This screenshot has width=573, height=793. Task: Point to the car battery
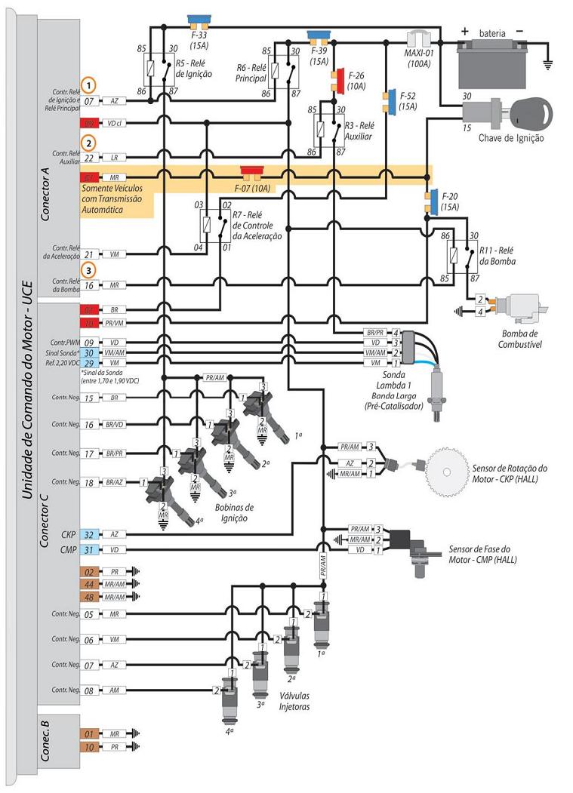[x=491, y=58]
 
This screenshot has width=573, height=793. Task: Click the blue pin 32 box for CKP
[x=88, y=533]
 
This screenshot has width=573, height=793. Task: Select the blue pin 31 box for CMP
[x=88, y=550]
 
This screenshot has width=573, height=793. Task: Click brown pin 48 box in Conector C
[x=88, y=597]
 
